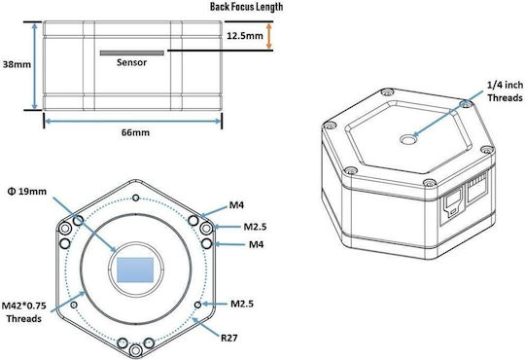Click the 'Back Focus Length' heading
246,7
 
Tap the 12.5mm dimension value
245,36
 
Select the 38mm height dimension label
17,64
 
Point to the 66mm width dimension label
135,132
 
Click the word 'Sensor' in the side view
131,62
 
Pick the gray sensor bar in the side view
132,53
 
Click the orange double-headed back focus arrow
269,36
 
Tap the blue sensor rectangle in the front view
135,270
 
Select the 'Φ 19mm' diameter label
27,192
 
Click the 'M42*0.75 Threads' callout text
23,312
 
